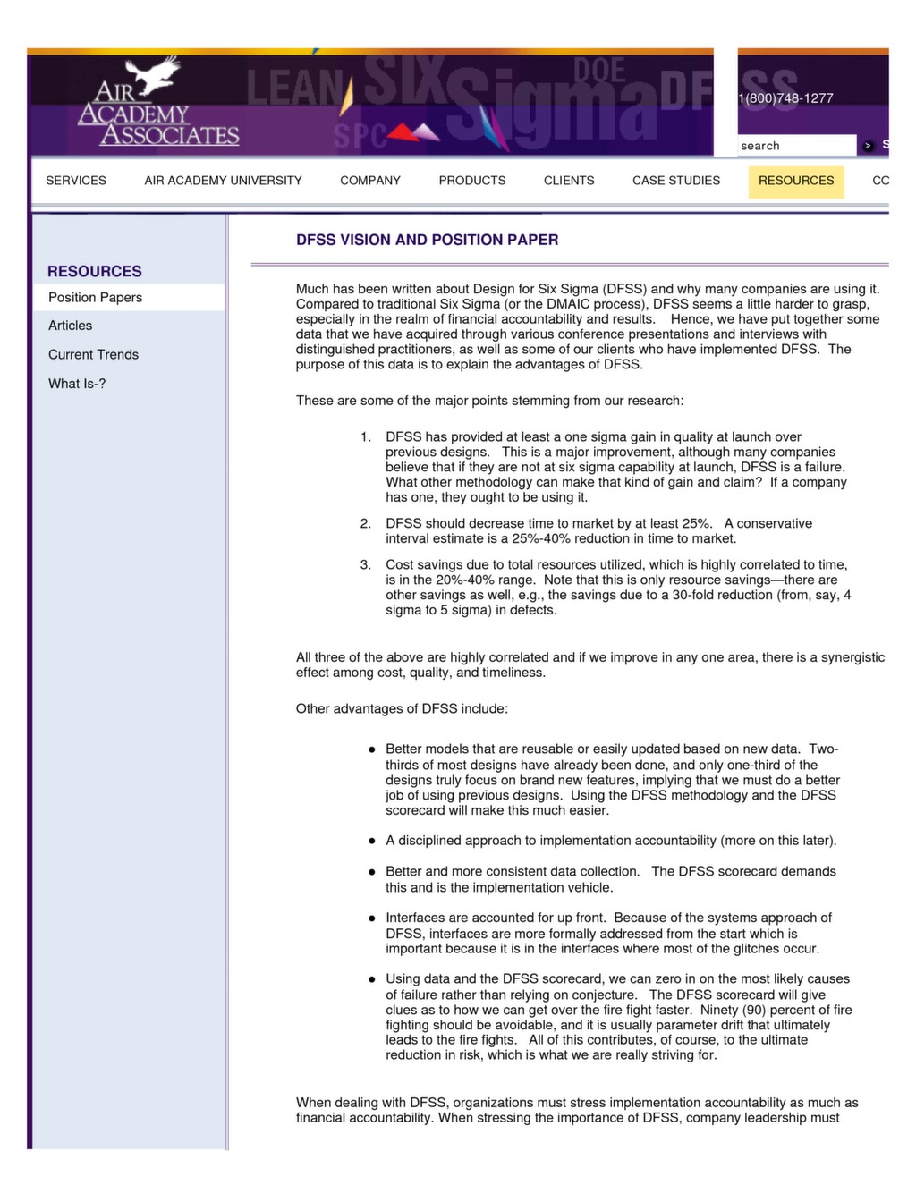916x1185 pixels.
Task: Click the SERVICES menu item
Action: tap(76, 181)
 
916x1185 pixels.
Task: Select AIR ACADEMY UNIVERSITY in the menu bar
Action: tap(223, 181)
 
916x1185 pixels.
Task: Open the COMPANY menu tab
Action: tap(370, 181)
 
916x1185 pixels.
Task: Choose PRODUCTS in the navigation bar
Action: tap(472, 181)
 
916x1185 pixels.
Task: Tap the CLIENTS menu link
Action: tap(569, 181)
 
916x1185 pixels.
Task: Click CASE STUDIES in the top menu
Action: tap(676, 181)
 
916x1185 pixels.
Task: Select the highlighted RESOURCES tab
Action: tap(796, 181)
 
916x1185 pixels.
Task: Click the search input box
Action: tap(796, 146)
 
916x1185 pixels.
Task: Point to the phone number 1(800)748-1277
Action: tap(786, 98)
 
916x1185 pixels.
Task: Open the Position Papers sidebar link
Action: tap(96, 298)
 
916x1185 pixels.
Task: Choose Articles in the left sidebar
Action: tap(71, 326)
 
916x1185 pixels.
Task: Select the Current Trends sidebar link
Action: tap(94, 355)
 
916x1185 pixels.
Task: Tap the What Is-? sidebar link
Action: tap(77, 384)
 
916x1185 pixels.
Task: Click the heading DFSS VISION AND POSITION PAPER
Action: tap(428, 240)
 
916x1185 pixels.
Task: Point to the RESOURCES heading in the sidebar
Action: tap(95, 271)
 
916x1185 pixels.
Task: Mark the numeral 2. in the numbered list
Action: tap(366, 524)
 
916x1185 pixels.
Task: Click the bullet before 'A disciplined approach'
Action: tap(371, 842)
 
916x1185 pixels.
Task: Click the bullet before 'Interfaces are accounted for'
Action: tap(371, 918)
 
